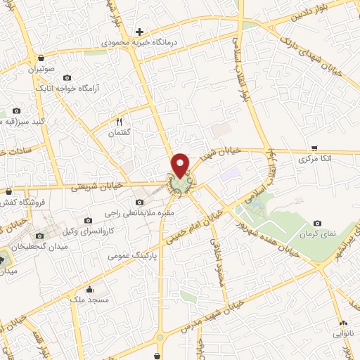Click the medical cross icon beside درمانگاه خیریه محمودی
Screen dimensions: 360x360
[140, 32]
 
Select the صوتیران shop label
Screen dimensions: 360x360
[41, 70]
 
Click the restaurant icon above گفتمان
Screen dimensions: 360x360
[119, 121]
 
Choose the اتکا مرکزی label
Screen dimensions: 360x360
[314, 160]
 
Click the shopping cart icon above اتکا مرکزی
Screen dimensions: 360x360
[314, 148]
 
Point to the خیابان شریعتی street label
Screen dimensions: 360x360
[98, 186]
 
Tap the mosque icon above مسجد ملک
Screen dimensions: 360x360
[89, 289]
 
